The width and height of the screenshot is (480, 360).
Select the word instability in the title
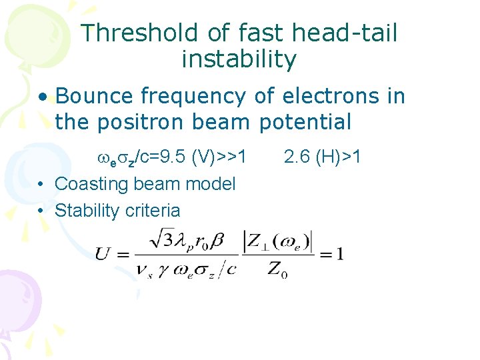point(239,60)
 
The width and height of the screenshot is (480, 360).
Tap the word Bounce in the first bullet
point(95,96)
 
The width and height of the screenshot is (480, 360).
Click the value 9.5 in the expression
point(176,157)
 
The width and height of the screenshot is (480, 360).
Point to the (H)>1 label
point(339,157)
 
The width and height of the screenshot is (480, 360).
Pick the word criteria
point(151,211)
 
